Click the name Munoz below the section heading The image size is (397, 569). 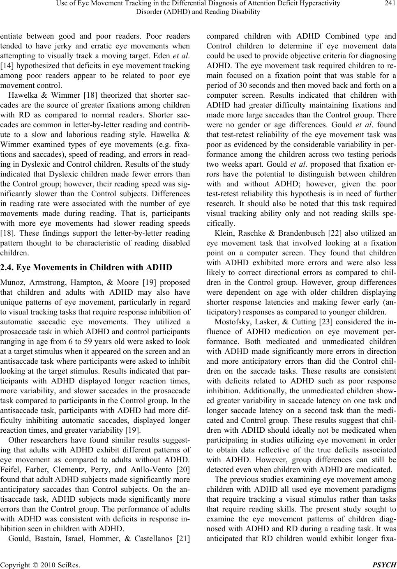[x=12, y=282]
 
